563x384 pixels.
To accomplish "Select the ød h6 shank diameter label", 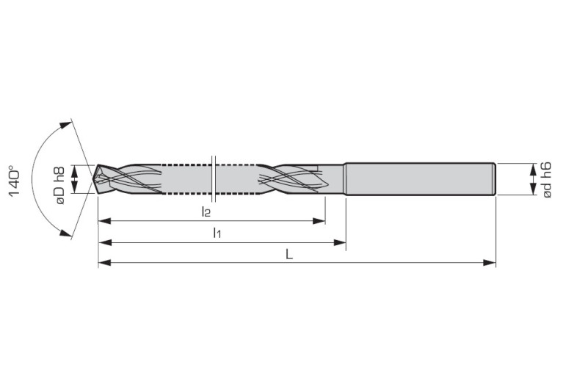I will click(547, 179).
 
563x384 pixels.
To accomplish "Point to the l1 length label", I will click(217, 233).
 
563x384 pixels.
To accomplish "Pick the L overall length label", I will click(290, 253).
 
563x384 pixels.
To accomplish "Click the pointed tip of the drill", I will click(95, 179).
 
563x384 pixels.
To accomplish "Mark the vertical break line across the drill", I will click(211, 178).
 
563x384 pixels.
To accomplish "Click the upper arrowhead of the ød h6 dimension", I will click(534, 169).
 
